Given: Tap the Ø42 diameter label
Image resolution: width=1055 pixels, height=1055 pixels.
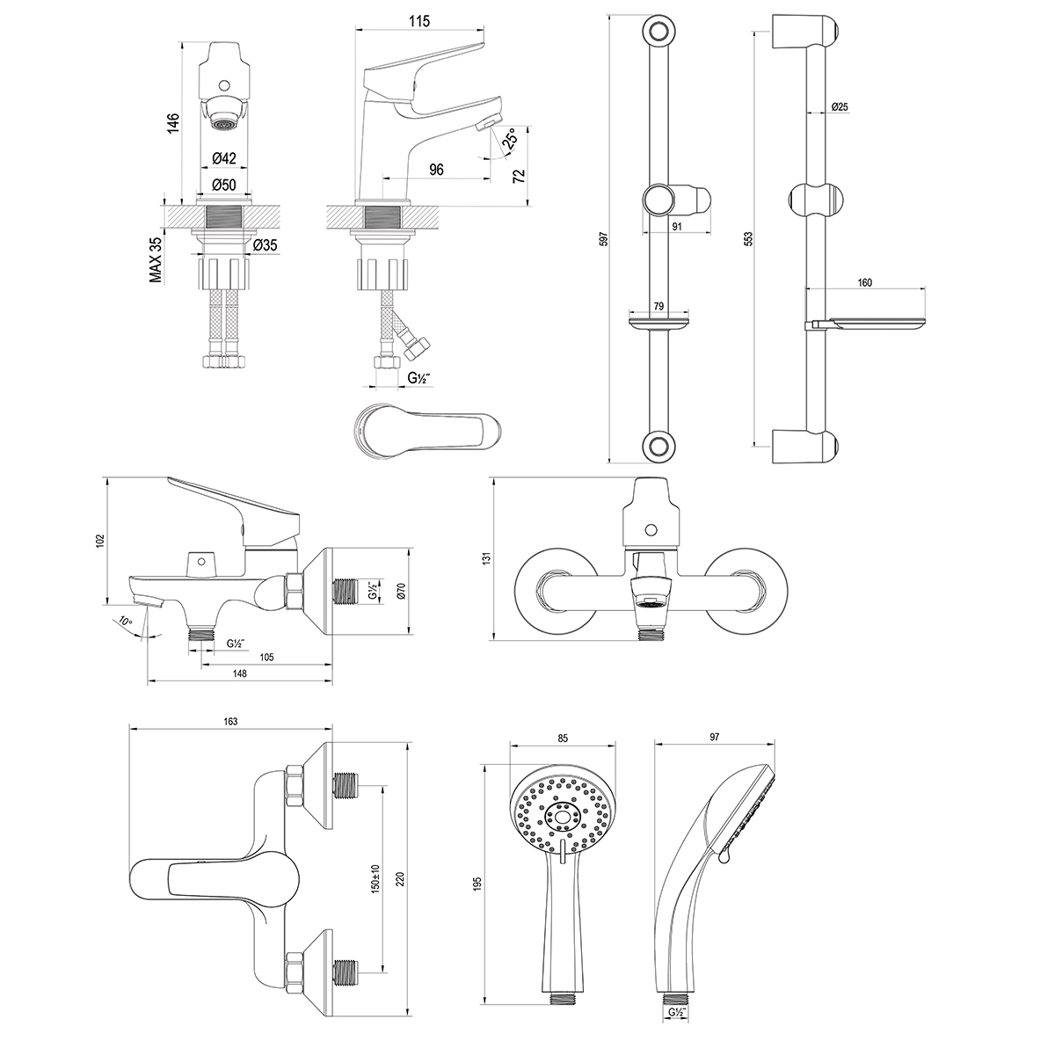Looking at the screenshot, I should click(224, 159).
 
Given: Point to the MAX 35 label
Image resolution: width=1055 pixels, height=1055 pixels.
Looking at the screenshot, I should click(156, 260).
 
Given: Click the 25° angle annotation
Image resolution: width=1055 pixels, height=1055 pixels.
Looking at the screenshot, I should click(510, 138).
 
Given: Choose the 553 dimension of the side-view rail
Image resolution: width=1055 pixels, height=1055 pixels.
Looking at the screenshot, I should click(749, 239).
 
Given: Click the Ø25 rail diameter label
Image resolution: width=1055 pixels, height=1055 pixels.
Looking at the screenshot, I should click(840, 107).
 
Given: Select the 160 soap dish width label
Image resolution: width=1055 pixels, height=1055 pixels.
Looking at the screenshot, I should click(863, 283).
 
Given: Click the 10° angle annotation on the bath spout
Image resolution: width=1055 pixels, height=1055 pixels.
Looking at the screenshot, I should click(126, 622).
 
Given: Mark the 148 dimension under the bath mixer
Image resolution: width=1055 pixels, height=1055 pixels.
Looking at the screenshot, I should click(239, 673).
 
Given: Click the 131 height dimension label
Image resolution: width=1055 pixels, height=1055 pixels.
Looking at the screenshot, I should click(485, 557).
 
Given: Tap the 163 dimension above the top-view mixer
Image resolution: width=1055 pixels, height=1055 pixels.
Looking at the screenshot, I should click(229, 722).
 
